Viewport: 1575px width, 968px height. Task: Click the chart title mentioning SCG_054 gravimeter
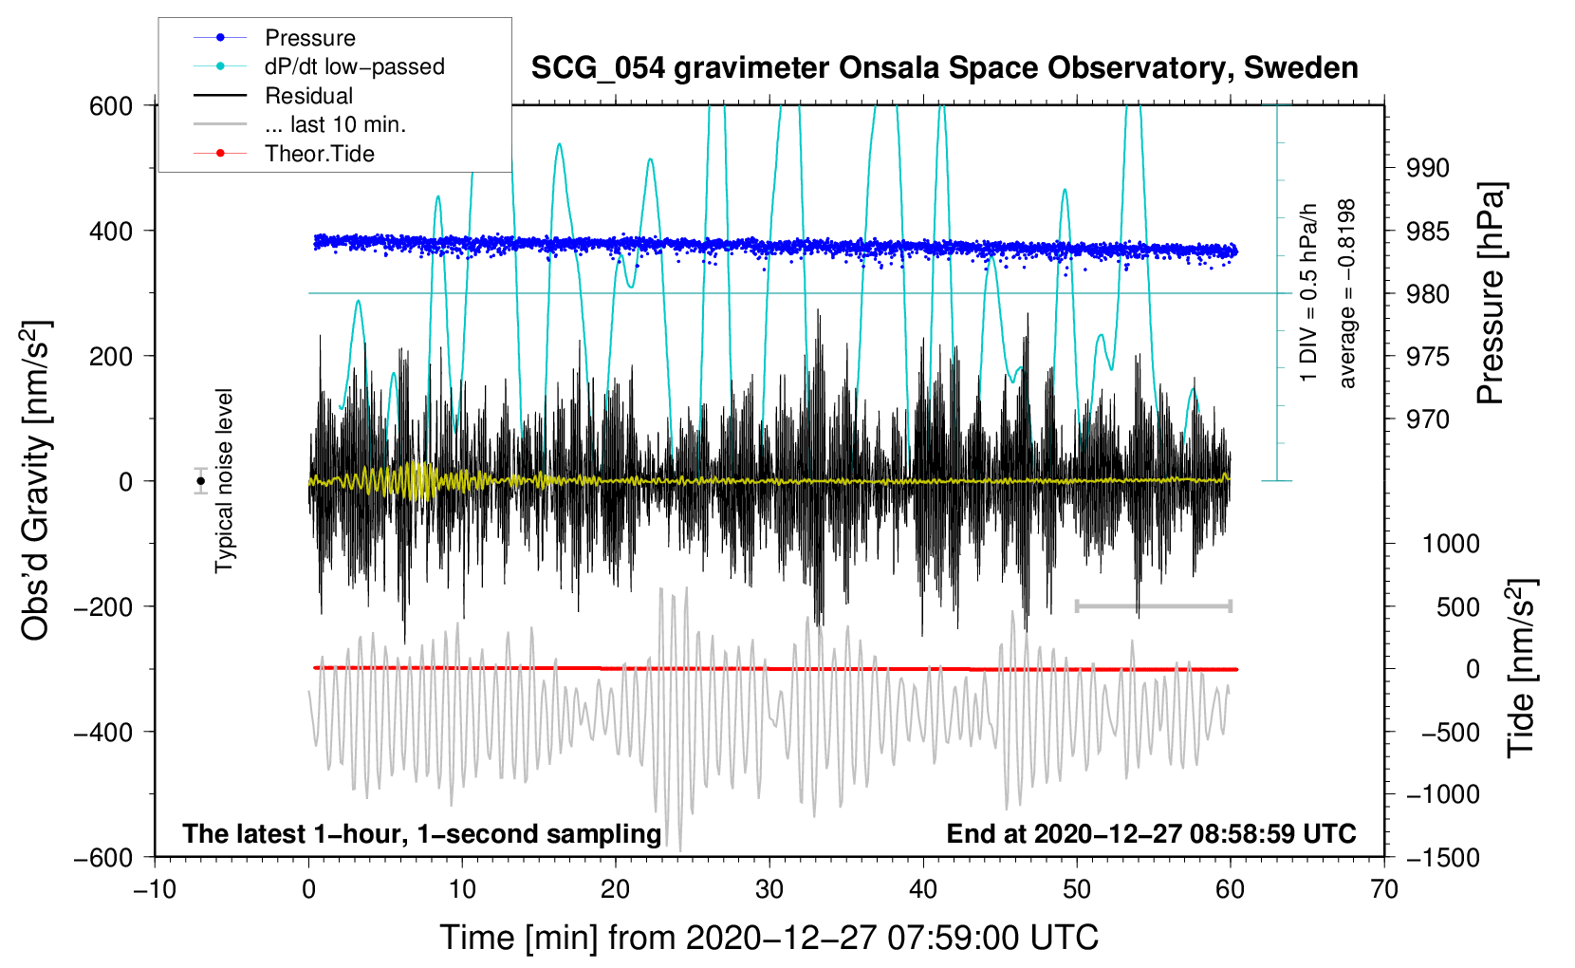(x=944, y=68)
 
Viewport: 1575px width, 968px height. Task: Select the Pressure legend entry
(x=310, y=37)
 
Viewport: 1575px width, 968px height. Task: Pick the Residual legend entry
(x=308, y=96)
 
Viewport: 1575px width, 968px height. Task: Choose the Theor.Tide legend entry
(x=320, y=154)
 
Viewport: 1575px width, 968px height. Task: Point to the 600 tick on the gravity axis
(x=111, y=106)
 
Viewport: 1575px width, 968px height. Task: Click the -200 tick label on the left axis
(x=103, y=606)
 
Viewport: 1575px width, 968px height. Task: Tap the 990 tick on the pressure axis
(x=1428, y=168)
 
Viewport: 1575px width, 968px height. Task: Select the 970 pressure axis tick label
(x=1428, y=419)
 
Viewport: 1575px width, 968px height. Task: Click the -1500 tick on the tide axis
(x=1443, y=858)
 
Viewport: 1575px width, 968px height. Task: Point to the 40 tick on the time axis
(x=922, y=889)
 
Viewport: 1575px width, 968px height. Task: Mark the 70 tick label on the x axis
(x=1383, y=889)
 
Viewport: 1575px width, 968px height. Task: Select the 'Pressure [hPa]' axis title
(x=1491, y=293)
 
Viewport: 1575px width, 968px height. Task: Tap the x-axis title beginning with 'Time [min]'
(x=769, y=938)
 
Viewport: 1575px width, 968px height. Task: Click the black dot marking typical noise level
(x=201, y=481)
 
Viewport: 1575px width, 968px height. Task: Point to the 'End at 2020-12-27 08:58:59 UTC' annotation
(x=1151, y=833)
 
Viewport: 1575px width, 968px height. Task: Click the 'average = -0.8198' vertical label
(x=1346, y=293)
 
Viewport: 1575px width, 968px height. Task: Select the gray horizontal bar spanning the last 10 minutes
(x=1153, y=605)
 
